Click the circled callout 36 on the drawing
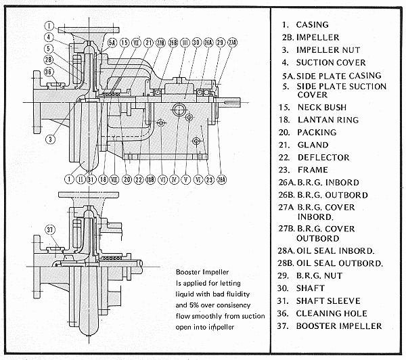point(48,72)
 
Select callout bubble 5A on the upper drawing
point(112,43)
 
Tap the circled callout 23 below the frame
point(210,179)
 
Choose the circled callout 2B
point(48,60)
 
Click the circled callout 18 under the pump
point(103,179)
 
